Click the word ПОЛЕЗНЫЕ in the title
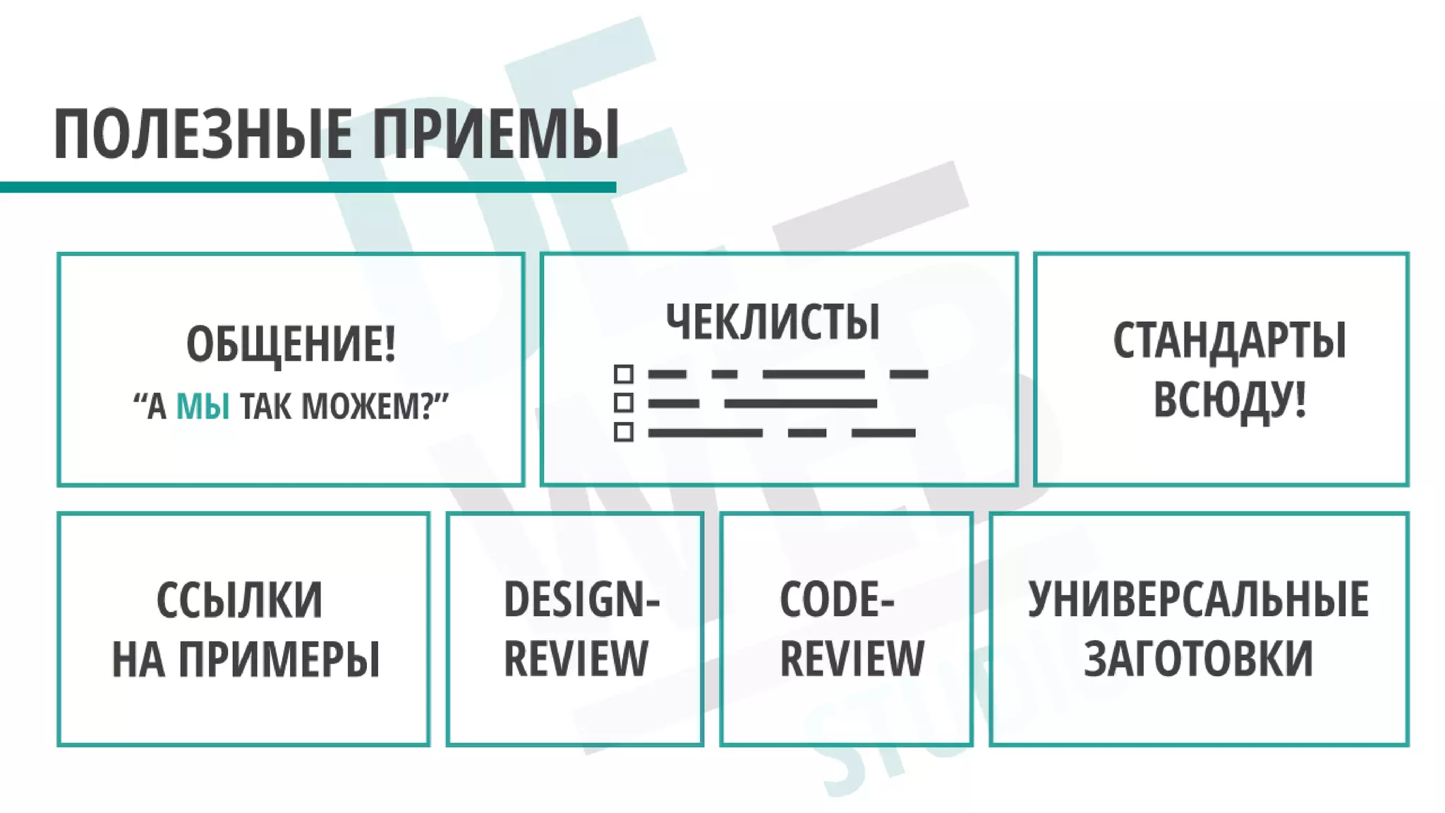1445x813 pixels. [202, 134]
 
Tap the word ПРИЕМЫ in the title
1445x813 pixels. [495, 134]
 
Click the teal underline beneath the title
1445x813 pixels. [308, 187]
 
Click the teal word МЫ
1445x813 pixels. [202, 406]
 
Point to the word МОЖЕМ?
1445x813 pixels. [367, 406]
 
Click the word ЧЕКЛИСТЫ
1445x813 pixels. [773, 322]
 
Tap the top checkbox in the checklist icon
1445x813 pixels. [623, 373]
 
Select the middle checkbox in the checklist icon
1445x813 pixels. [623, 403]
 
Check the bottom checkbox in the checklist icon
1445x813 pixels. [623, 432]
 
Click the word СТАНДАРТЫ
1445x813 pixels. [1229, 341]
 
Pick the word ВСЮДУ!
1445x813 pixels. [1229, 399]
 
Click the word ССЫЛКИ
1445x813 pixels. [239, 601]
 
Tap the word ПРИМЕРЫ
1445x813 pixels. [279, 659]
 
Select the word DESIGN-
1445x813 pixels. [581, 600]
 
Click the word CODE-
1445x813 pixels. [837, 600]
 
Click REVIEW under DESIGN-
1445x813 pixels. [576, 658]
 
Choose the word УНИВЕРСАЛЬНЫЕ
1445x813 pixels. [1198, 600]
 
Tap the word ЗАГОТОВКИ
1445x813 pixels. [1198, 658]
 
